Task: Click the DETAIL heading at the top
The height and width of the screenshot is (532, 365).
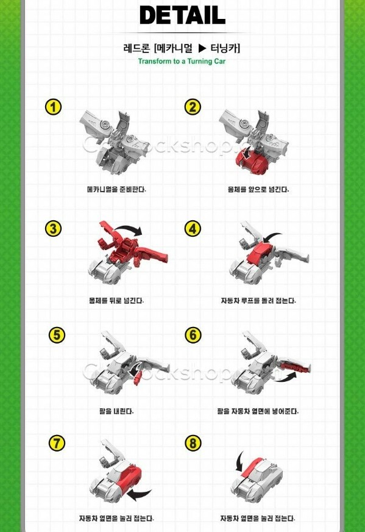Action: click(182, 15)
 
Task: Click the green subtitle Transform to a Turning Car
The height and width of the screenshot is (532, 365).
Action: click(182, 61)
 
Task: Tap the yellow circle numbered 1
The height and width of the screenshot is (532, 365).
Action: click(54, 107)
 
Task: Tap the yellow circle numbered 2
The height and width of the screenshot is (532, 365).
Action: click(193, 107)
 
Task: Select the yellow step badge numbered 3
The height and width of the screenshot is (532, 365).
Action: click(54, 229)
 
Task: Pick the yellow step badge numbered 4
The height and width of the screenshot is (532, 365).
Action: click(193, 229)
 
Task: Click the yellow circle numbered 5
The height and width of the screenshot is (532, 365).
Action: click(57, 335)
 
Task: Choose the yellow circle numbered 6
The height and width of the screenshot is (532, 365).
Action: click(193, 335)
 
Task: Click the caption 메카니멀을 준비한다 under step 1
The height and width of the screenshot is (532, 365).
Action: click(116, 189)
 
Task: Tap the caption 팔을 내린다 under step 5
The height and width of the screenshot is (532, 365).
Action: click(116, 411)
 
